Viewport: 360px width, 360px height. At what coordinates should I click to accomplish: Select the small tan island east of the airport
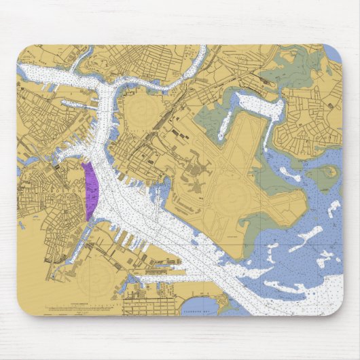(329, 171)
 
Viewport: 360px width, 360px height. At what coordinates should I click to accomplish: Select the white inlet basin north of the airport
(255, 105)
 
